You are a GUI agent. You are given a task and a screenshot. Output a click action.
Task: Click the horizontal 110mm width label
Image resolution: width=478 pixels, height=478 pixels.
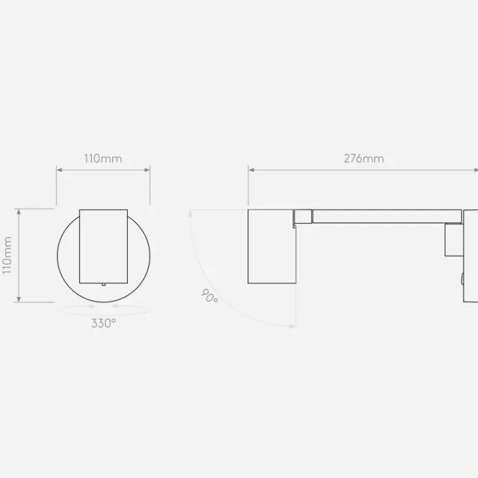pos(103,159)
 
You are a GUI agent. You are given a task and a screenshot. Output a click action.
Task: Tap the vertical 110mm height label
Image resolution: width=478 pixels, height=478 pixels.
pos(7,256)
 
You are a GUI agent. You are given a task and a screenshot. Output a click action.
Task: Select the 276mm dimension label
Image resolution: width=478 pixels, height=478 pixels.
pos(364,159)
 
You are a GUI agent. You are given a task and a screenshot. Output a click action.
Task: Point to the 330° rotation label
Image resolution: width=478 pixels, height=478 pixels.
pos(104,323)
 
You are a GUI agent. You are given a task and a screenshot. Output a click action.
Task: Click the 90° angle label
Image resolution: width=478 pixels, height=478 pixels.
pos(209,295)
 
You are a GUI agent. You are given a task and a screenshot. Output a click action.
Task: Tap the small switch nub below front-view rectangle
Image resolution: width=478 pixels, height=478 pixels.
pos(104,284)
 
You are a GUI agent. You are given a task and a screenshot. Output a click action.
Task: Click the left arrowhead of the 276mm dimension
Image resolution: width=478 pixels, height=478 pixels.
pos(251,170)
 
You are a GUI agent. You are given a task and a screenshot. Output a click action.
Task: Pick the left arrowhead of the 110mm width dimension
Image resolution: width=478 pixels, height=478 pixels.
pos(59,170)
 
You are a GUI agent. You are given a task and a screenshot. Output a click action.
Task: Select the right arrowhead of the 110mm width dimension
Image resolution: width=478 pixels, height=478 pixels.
pos(147,170)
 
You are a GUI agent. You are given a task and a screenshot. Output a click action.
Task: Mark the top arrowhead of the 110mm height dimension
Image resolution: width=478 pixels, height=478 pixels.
pos(19,212)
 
